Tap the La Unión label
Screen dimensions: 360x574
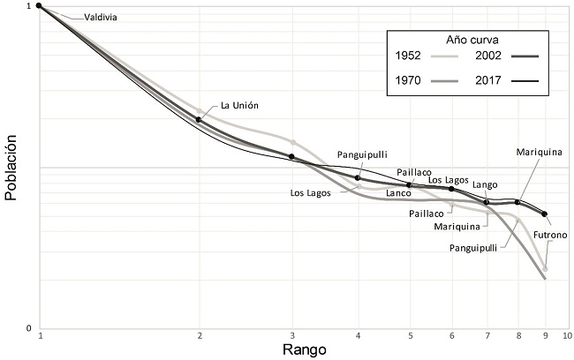click(x=240, y=105)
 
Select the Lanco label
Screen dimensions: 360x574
click(x=399, y=193)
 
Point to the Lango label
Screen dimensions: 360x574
click(x=485, y=184)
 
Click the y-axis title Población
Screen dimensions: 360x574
click(x=11, y=167)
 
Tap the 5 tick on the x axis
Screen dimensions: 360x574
click(x=409, y=336)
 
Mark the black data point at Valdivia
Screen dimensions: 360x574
click(x=40, y=6)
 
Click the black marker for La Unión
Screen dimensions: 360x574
click(x=200, y=119)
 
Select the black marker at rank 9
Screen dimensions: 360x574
click(x=545, y=214)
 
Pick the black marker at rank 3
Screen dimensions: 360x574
click(x=292, y=156)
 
